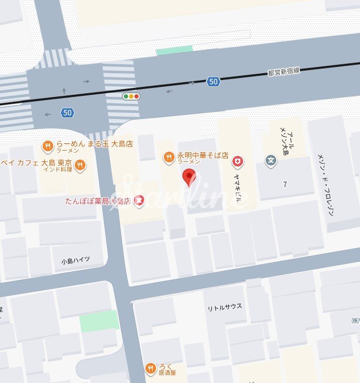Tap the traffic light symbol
131,96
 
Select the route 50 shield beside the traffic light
213,82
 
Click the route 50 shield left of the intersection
66,112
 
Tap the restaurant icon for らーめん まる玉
47,146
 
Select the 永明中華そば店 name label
202,156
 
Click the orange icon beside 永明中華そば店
169,156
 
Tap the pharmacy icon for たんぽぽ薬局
140,200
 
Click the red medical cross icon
238,160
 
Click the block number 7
285,184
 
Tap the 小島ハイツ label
75,260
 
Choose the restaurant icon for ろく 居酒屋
151,368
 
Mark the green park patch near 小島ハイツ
100,320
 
